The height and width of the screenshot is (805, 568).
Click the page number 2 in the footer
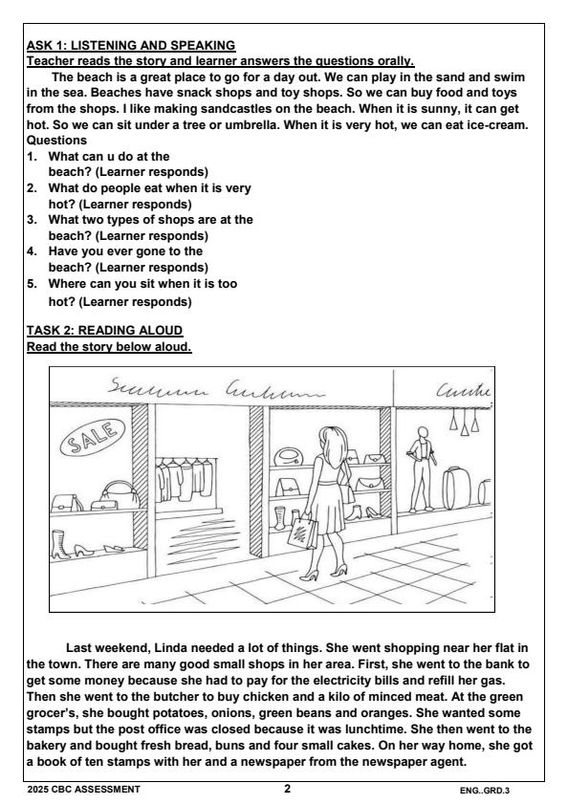coord(287,789)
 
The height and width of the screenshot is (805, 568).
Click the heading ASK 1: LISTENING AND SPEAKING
coord(130,44)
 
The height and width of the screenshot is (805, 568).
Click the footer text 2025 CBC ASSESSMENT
coord(82,790)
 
